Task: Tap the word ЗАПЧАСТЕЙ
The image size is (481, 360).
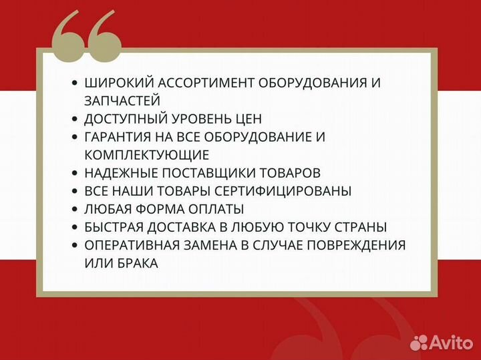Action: (122, 101)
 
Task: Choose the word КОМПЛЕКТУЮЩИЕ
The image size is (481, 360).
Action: (147, 155)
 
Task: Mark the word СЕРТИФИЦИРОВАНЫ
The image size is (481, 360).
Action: (293, 191)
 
